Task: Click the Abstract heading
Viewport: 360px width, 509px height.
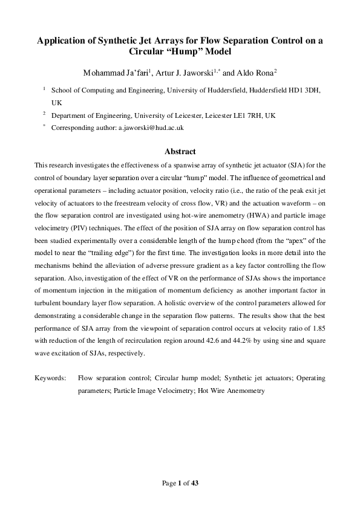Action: click(x=180, y=152)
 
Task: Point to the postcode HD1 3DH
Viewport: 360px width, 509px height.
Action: click(x=307, y=89)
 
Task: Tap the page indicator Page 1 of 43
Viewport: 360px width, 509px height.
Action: click(x=180, y=482)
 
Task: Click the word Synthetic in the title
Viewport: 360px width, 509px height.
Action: click(x=107, y=41)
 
